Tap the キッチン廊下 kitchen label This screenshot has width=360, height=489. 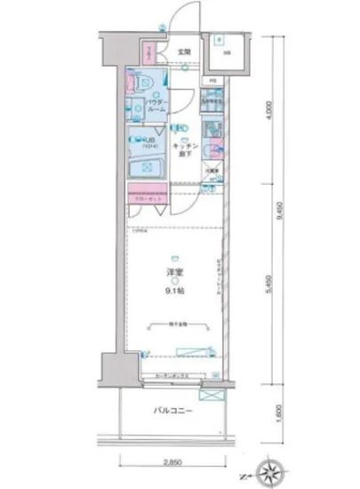pyautogui.click(x=184, y=149)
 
